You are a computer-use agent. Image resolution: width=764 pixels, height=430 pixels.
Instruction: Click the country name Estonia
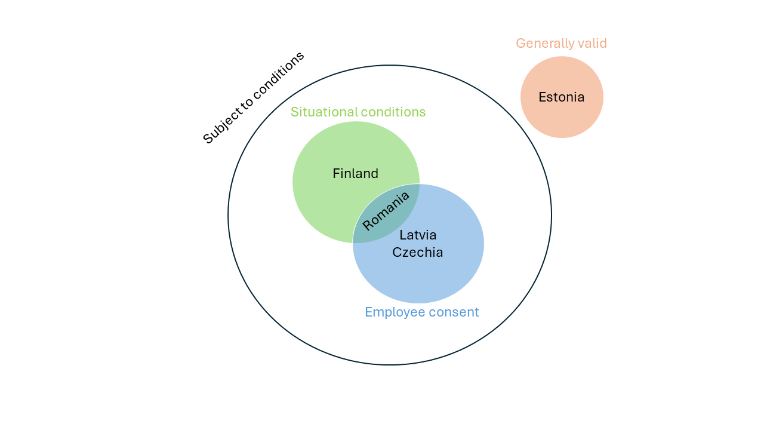pyautogui.click(x=561, y=97)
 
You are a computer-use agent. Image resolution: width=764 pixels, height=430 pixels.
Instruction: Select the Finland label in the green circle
pyautogui.click(x=355, y=174)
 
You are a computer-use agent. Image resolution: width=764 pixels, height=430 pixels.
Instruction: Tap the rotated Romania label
pyautogui.click(x=386, y=210)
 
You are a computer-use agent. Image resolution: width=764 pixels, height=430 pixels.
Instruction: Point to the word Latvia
pyautogui.click(x=418, y=235)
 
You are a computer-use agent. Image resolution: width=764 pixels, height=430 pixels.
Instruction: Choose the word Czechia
pyautogui.click(x=417, y=252)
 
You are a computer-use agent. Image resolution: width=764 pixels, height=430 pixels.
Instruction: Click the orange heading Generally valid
pyautogui.click(x=561, y=44)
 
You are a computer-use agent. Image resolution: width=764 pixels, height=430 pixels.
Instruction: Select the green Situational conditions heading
pyautogui.click(x=358, y=112)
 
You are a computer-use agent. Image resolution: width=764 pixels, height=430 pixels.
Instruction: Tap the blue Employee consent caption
pyautogui.click(x=421, y=312)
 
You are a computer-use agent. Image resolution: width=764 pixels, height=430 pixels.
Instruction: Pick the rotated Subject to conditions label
pyautogui.click(x=254, y=97)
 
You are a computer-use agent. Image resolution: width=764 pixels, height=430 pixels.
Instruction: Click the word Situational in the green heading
pyautogui.click(x=325, y=112)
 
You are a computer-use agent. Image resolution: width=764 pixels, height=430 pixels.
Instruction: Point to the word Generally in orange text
pyautogui.click(x=541, y=44)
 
